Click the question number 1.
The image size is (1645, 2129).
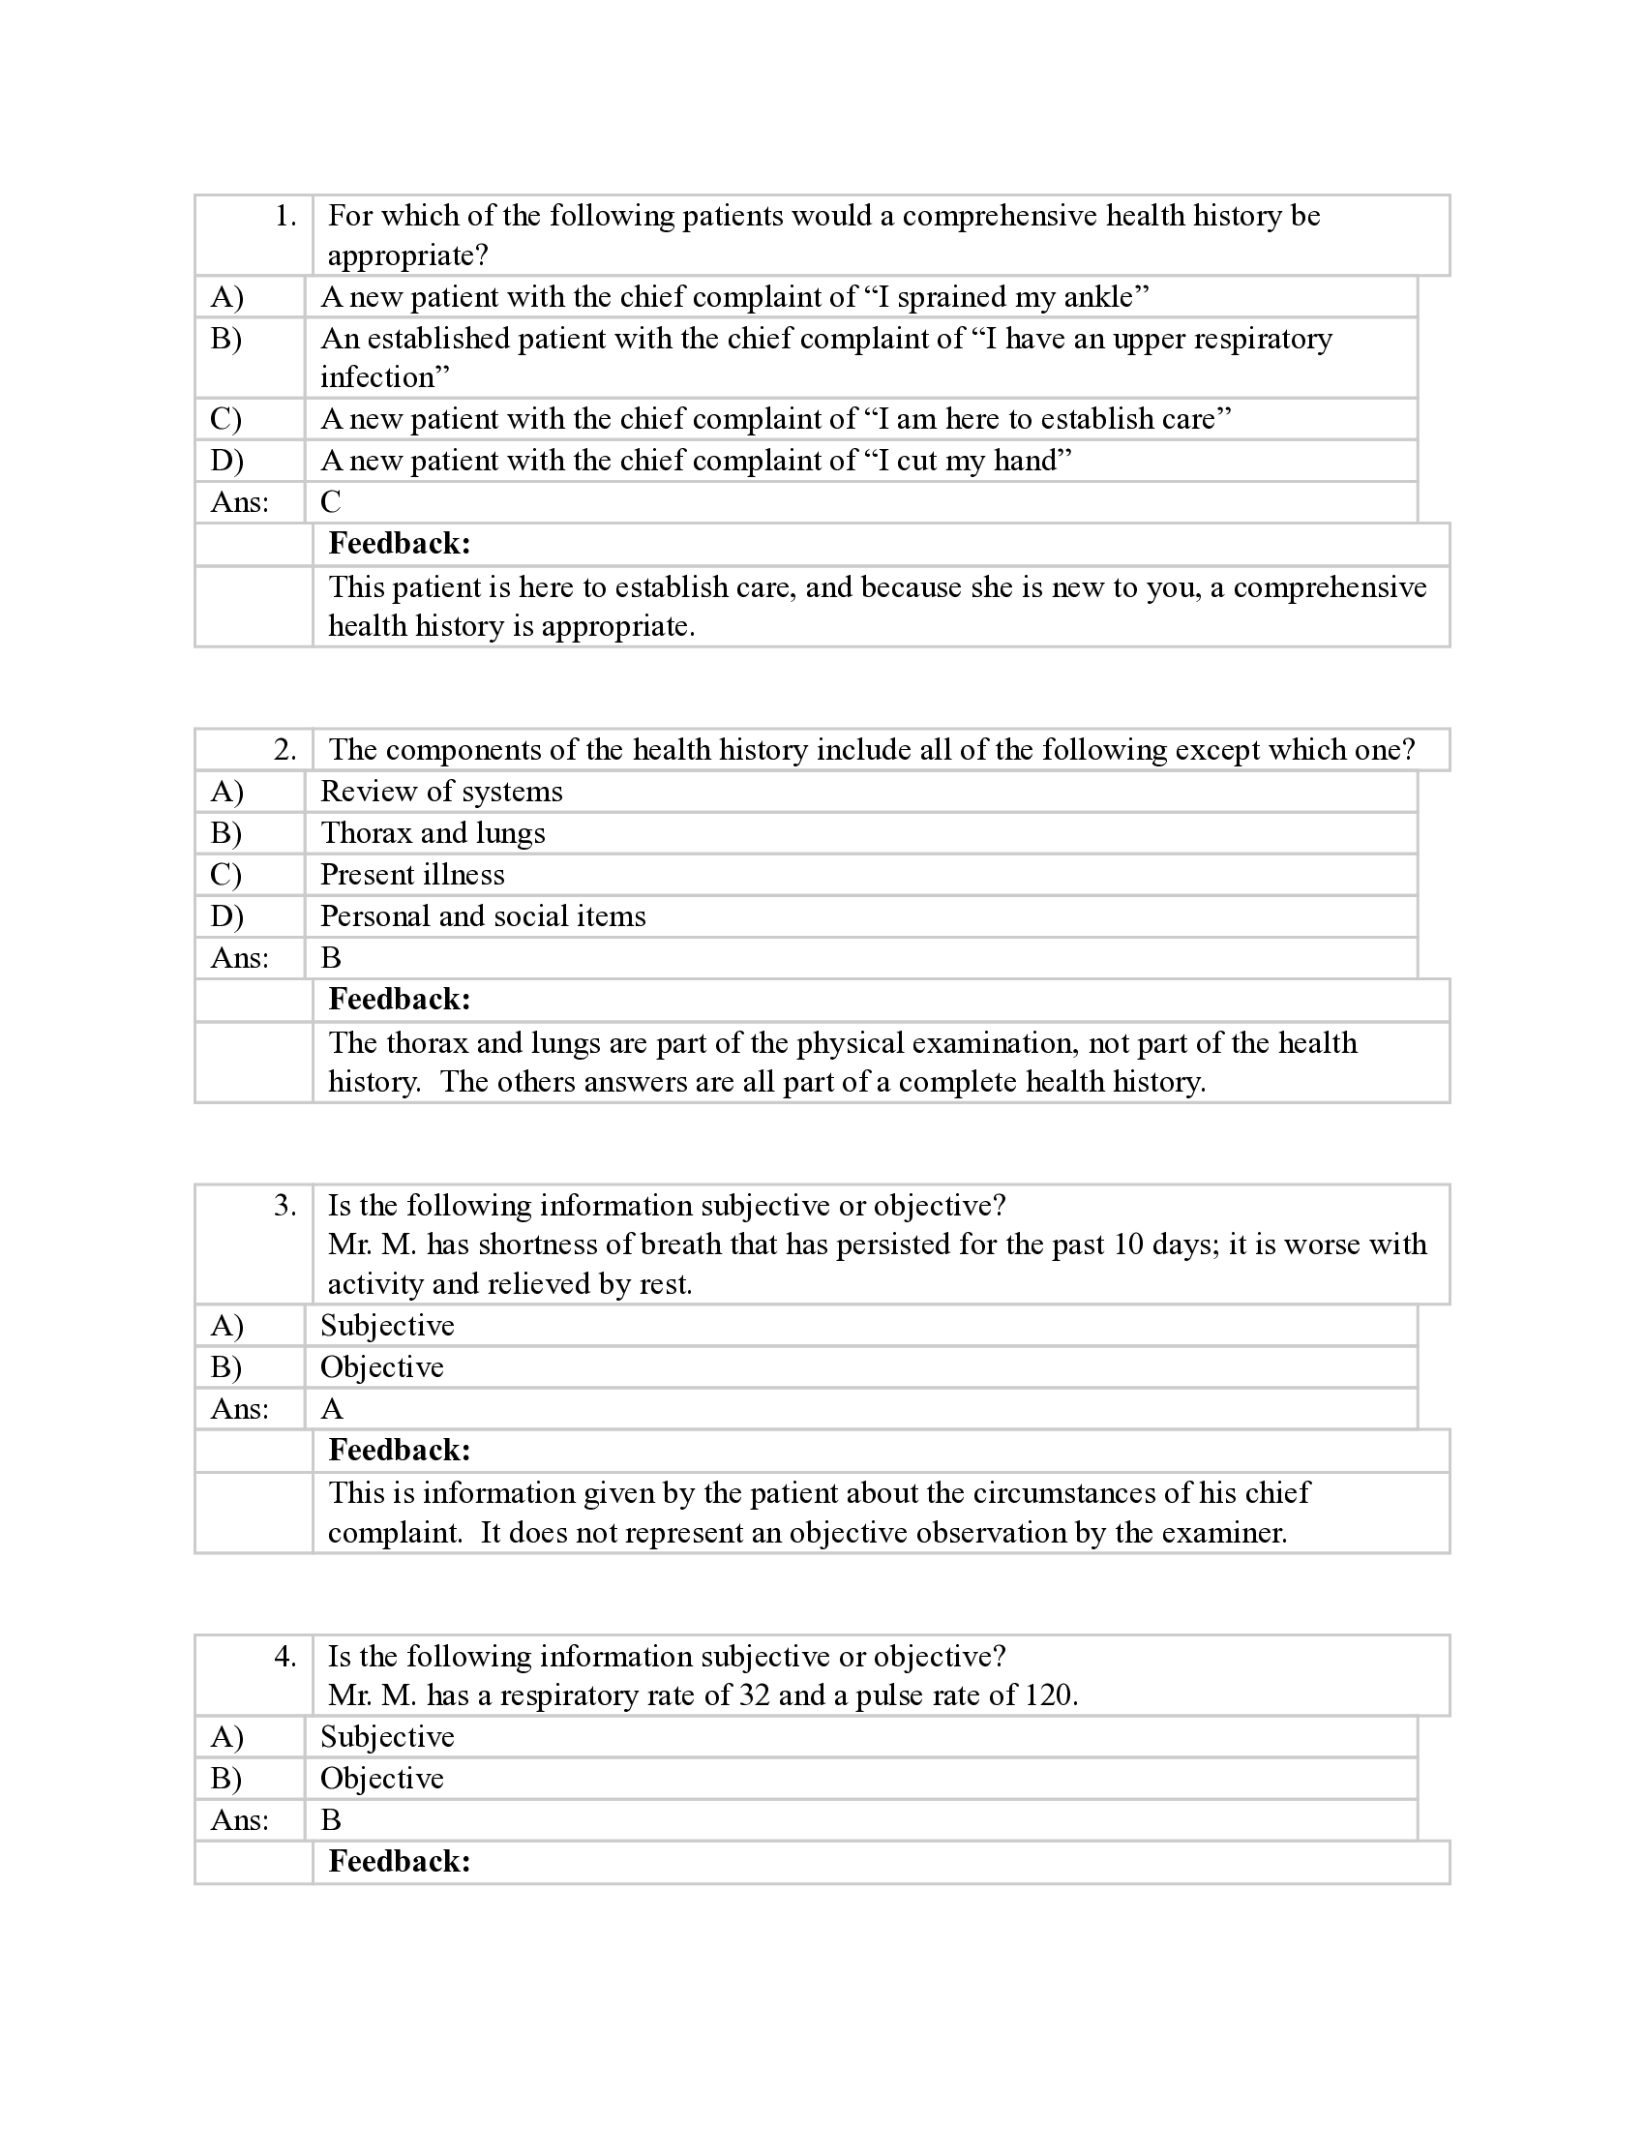click(x=285, y=217)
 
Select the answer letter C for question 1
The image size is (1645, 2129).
click(x=331, y=502)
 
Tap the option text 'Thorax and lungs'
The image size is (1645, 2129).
click(x=433, y=833)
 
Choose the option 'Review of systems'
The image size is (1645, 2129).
click(x=441, y=792)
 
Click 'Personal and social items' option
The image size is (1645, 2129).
click(x=484, y=916)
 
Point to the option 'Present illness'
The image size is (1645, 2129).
click(x=412, y=875)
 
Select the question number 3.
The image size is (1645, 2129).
click(x=285, y=1206)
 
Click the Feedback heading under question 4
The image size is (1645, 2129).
click(x=400, y=1861)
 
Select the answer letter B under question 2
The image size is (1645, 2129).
click(x=331, y=958)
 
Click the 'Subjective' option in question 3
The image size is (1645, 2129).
click(x=387, y=1326)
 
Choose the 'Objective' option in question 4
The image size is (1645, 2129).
click(x=382, y=1778)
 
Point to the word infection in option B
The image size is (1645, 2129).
click(x=378, y=377)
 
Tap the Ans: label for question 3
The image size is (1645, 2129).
click(x=240, y=1409)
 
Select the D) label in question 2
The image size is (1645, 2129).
click(x=227, y=916)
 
